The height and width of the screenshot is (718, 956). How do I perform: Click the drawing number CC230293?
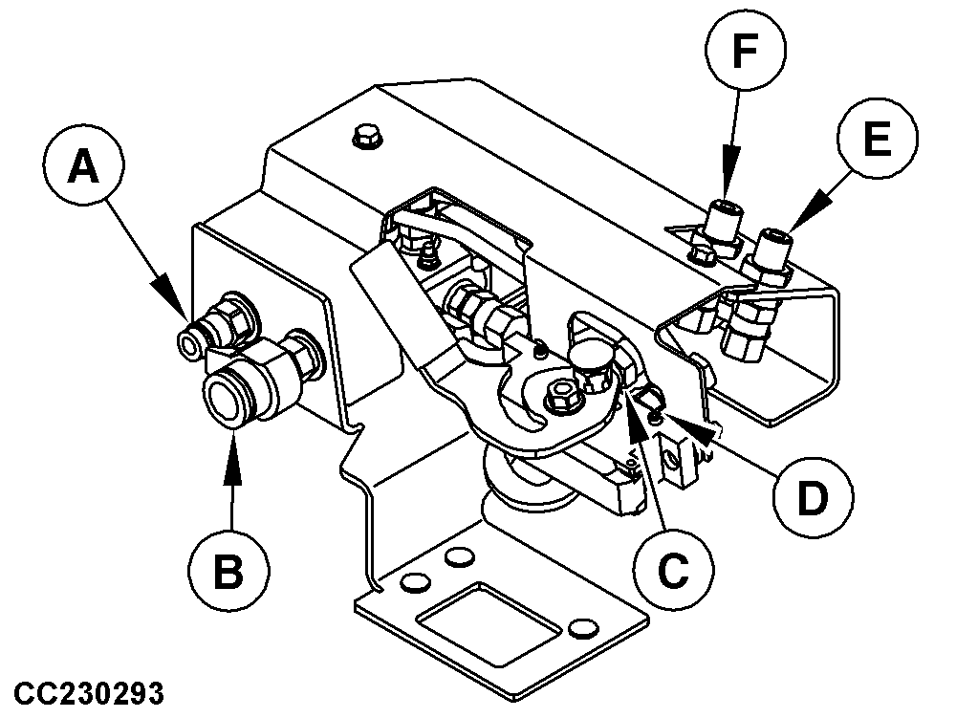coord(90,690)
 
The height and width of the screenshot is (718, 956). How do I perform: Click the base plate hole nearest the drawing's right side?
coord(579,627)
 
